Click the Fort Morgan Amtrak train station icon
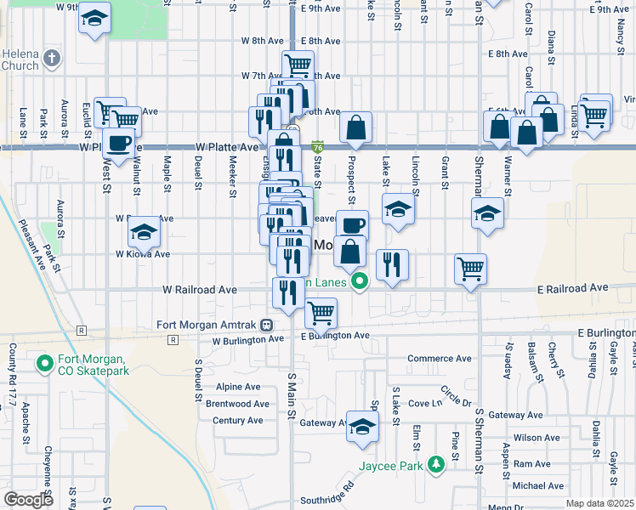tap(267, 325)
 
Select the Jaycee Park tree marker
tap(436, 464)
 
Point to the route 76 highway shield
tap(317, 147)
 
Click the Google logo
tap(29, 500)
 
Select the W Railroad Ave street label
tap(200, 289)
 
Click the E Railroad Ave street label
tap(573, 288)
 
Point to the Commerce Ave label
tap(439, 359)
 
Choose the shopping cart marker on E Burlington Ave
tap(321, 312)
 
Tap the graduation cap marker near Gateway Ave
tap(362, 426)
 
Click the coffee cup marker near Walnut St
tap(118, 142)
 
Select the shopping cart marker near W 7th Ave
tap(298, 64)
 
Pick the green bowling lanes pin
tap(360, 282)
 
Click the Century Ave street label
tap(237, 421)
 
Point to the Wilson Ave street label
tap(537, 438)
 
